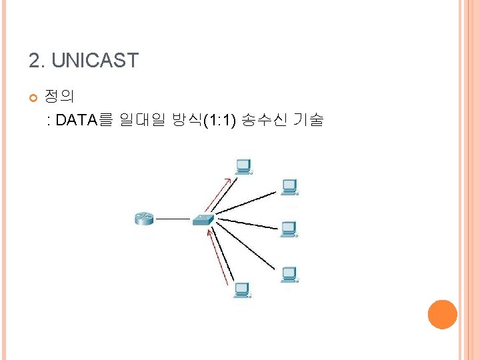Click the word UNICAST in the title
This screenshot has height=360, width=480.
[x=95, y=61]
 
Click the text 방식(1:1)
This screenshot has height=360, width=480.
[x=204, y=121]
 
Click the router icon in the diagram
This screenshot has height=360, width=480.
[x=144, y=218]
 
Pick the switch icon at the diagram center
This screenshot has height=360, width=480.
[x=203, y=219]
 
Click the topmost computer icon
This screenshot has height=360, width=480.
[x=243, y=166]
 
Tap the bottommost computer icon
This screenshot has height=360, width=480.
[x=241, y=291]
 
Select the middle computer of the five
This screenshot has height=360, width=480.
[x=289, y=229]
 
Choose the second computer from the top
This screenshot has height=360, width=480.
[x=289, y=187]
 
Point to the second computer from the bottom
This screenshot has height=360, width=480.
[x=289, y=274]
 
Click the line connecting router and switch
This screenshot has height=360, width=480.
[x=173, y=218]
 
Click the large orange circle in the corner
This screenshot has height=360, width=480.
[x=442, y=314]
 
